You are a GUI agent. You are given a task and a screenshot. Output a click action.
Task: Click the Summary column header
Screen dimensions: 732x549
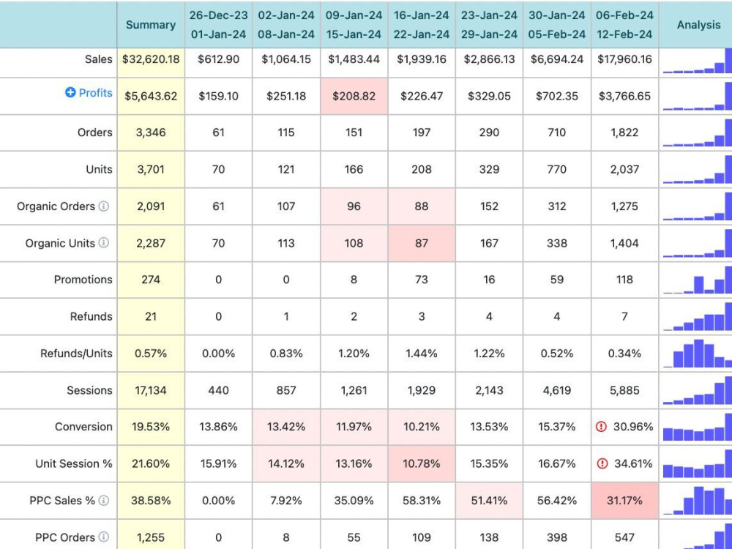(151, 25)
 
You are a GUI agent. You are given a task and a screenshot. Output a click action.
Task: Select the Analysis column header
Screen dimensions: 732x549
(698, 25)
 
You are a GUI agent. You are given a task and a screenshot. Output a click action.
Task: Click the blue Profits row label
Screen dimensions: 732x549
(95, 93)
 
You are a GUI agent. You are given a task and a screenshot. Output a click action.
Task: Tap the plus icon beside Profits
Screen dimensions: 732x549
(70, 92)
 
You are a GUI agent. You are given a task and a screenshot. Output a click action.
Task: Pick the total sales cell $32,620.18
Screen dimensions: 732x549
(151, 59)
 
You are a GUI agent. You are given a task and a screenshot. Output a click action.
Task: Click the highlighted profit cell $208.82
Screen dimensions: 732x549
(354, 96)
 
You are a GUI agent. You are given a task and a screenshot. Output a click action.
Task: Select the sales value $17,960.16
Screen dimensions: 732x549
(624, 59)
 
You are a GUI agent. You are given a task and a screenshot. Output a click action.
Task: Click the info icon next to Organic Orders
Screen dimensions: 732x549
(104, 206)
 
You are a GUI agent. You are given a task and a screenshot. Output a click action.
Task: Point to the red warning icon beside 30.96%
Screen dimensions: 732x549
(601, 427)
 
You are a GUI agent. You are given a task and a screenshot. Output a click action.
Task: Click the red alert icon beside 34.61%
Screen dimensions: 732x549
(602, 463)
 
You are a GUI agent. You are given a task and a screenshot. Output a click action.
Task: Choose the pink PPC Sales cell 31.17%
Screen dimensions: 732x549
(624, 501)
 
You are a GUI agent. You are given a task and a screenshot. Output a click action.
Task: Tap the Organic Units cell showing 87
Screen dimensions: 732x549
(422, 243)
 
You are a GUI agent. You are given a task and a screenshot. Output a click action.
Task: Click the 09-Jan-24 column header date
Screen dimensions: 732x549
(354, 15)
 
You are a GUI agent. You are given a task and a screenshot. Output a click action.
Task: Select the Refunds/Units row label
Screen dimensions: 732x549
(76, 354)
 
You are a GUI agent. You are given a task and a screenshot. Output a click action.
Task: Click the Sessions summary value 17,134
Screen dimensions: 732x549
(151, 390)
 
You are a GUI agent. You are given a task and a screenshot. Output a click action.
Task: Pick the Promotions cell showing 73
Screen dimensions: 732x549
(422, 280)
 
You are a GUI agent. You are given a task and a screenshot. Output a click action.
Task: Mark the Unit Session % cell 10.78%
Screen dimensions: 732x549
(422, 463)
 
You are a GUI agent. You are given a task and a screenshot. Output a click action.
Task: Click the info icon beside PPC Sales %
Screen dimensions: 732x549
(104, 501)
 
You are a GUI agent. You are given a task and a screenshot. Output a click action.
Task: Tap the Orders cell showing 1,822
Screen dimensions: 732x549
(624, 132)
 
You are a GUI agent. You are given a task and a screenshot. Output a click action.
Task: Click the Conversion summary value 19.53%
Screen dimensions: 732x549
(151, 427)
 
